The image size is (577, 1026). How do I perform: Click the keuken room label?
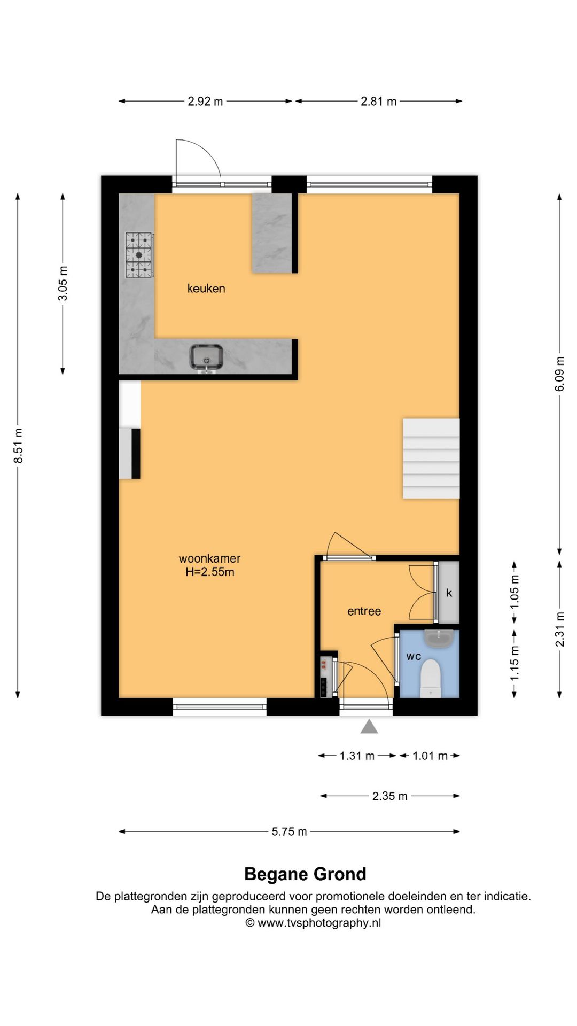click(206, 289)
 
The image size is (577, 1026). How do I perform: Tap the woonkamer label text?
click(209, 558)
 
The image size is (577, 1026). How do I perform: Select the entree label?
click(364, 611)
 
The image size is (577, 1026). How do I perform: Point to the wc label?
click(414, 656)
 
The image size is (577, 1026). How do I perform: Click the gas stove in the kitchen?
click(139, 255)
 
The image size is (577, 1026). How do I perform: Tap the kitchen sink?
click(206, 357)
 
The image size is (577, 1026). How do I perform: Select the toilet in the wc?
click(431, 678)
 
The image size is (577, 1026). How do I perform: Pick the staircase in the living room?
click(431, 458)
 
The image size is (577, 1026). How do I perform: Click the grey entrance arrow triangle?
click(369, 727)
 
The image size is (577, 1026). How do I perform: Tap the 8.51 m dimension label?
click(18, 446)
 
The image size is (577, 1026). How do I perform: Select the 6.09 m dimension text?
click(559, 374)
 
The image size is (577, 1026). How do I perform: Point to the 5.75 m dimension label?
click(289, 831)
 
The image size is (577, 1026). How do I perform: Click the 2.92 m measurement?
click(205, 102)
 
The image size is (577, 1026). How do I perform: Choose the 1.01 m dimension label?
click(430, 756)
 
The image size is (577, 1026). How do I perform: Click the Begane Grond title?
click(305, 874)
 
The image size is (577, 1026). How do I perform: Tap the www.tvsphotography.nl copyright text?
click(313, 923)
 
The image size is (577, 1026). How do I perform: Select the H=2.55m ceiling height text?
click(210, 572)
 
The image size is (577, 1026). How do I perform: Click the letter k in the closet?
click(449, 593)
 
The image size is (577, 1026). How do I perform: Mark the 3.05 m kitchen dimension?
click(63, 283)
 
